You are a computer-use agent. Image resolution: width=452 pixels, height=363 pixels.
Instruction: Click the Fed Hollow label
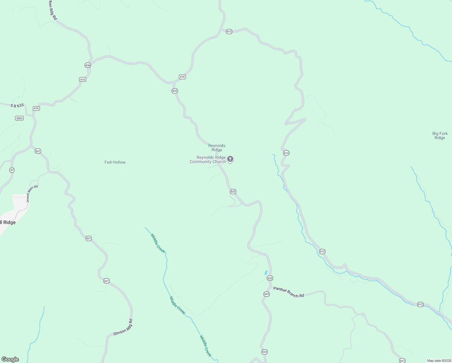(x=115, y=162)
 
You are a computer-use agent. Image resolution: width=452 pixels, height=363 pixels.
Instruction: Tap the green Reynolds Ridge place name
(x=217, y=148)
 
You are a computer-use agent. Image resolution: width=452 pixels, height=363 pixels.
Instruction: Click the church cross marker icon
(x=230, y=159)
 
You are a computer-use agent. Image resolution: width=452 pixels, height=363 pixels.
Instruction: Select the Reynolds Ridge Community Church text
(x=208, y=160)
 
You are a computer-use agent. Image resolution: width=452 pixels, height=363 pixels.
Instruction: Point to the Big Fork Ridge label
(x=440, y=136)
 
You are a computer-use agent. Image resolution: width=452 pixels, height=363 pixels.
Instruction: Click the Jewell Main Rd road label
(x=32, y=194)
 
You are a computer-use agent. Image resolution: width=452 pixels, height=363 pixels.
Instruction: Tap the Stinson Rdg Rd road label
(x=123, y=327)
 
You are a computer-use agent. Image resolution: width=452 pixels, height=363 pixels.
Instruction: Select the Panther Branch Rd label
(x=289, y=292)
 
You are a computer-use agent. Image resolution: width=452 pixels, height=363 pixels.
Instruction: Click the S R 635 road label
(x=17, y=106)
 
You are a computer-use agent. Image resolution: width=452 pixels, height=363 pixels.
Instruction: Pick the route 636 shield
(x=88, y=65)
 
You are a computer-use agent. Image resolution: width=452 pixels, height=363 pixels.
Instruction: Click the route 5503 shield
(x=19, y=118)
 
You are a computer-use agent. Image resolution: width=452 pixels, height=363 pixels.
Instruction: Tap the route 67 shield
(x=12, y=170)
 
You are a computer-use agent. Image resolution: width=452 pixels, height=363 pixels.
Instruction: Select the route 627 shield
(x=402, y=361)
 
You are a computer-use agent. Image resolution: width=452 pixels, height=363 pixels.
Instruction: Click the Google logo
(x=10, y=359)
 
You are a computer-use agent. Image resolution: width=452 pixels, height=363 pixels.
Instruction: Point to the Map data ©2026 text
(x=439, y=361)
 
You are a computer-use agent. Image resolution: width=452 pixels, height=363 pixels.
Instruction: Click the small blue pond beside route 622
(x=266, y=272)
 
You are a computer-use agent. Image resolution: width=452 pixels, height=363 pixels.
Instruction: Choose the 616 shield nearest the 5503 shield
(x=36, y=108)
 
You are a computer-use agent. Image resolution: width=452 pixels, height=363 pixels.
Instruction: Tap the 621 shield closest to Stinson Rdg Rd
(x=106, y=281)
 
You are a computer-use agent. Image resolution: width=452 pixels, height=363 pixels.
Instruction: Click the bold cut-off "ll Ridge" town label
(x=8, y=223)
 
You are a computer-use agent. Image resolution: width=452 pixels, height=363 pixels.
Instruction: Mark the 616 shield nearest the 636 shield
(x=82, y=80)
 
